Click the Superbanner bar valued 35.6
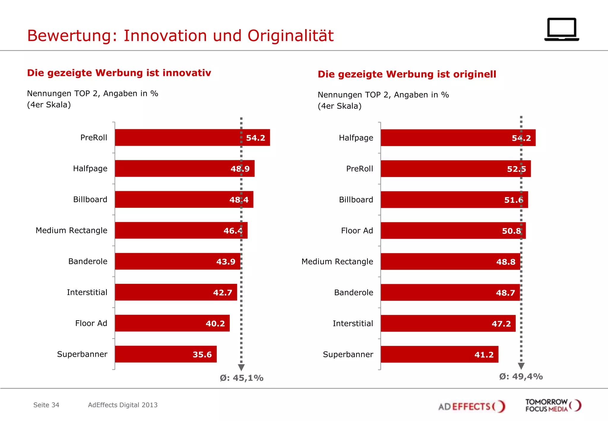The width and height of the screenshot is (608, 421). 165,354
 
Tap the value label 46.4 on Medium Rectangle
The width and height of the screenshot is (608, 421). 233,231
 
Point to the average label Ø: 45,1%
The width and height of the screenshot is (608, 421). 241,378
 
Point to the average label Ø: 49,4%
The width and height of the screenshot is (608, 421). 521,376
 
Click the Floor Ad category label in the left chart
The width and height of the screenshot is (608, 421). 91,323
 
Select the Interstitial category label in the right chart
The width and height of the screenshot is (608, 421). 353,323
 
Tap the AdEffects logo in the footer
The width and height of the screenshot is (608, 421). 471,406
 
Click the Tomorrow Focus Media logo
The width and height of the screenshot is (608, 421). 553,405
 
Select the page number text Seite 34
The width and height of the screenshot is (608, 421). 46,405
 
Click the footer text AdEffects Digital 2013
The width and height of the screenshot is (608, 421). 123,405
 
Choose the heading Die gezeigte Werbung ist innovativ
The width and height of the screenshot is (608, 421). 119,73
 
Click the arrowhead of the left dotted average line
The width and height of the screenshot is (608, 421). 241,367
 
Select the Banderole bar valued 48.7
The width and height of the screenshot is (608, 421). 450,292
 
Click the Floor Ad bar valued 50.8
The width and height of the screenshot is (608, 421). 453,231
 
